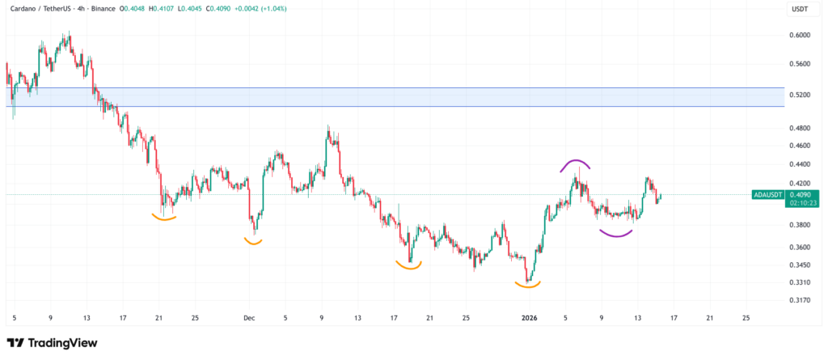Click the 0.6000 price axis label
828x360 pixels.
pyautogui.click(x=800, y=35)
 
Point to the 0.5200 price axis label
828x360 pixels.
pyautogui.click(x=800, y=95)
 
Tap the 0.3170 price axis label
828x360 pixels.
pyautogui.click(x=800, y=300)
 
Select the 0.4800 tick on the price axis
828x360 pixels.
pyautogui.click(x=800, y=128)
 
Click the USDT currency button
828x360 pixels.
pyautogui.click(x=799, y=10)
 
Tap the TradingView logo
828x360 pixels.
pyautogui.click(x=52, y=343)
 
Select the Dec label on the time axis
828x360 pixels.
pyautogui.click(x=249, y=317)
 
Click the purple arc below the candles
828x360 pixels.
pyautogui.click(x=616, y=235)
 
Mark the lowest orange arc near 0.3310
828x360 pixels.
pyautogui.click(x=527, y=284)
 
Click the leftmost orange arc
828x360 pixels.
pyautogui.click(x=165, y=217)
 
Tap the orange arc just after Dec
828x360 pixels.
pyautogui.click(x=253, y=241)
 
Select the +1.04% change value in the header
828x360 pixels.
pyautogui.click(x=272, y=8)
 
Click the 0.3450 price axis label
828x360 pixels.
pyautogui.click(x=800, y=265)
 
